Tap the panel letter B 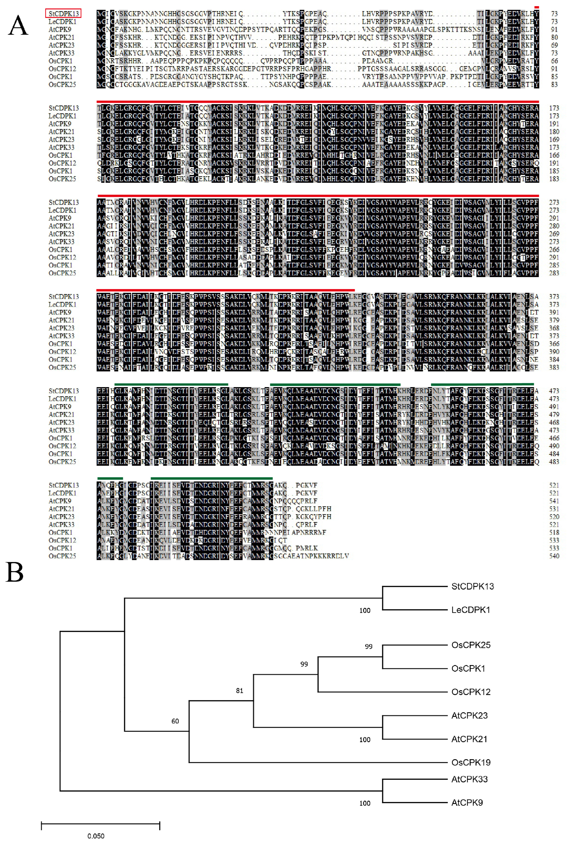pyautogui.click(x=15, y=573)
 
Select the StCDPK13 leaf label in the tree pyautogui.click(x=472, y=586)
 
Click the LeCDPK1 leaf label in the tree pyautogui.click(x=471, y=610)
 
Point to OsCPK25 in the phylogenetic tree pyautogui.click(x=471, y=645)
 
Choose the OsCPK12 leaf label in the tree pyautogui.click(x=471, y=692)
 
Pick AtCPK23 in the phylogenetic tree pyautogui.click(x=469, y=715)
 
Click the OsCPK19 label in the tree pyautogui.click(x=471, y=762)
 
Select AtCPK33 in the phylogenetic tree pyautogui.click(x=469, y=779)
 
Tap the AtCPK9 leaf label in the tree pyautogui.click(x=467, y=803)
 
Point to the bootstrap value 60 pyautogui.click(x=175, y=721)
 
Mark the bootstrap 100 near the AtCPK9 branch pyautogui.click(x=365, y=803)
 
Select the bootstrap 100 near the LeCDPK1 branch pyautogui.click(x=365, y=611)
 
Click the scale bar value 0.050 pyautogui.click(x=96, y=836)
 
